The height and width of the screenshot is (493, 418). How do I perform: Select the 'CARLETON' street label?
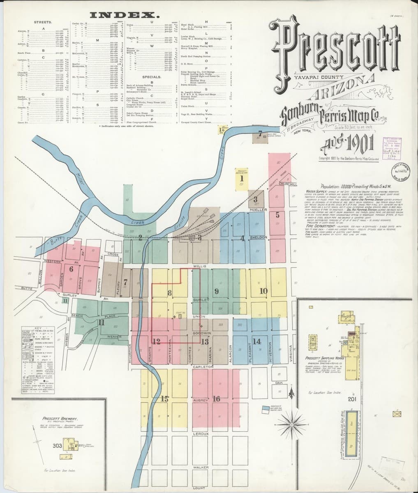click(x=202, y=366)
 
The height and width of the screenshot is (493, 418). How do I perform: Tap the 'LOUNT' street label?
click(x=199, y=488)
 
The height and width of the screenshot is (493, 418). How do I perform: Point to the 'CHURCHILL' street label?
click(x=288, y=184)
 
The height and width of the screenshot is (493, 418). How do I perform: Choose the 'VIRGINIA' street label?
click(x=291, y=352)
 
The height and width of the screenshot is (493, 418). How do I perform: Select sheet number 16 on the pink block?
click(x=217, y=399)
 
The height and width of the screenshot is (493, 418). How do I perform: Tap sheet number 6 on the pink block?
click(x=71, y=270)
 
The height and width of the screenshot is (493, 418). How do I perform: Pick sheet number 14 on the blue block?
click(x=257, y=341)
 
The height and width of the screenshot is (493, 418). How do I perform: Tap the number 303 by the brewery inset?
click(x=57, y=446)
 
